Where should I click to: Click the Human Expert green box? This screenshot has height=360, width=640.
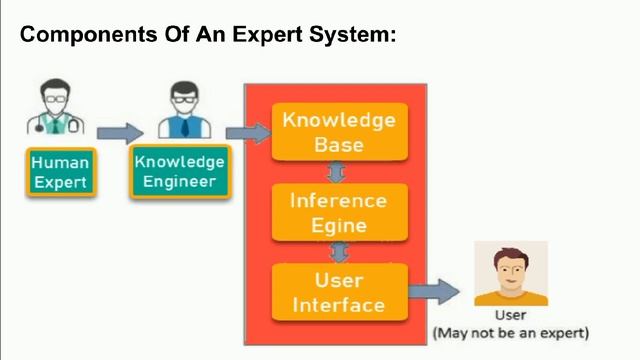click(x=61, y=172)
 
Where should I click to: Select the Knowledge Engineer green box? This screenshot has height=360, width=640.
click(x=179, y=171)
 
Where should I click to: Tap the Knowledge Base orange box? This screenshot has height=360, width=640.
click(x=339, y=132)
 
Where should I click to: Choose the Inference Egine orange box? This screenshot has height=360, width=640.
click(x=339, y=212)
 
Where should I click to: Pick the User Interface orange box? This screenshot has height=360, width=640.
click(x=339, y=292)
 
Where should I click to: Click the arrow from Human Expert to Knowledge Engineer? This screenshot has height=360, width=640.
click(x=120, y=132)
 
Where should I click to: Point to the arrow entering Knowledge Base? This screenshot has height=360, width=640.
click(x=249, y=132)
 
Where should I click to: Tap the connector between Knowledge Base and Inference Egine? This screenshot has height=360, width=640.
click(x=339, y=171)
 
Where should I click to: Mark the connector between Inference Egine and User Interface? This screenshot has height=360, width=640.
click(x=339, y=251)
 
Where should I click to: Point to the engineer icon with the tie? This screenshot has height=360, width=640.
click(x=180, y=110)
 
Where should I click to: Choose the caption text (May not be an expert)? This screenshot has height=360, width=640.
click(x=510, y=332)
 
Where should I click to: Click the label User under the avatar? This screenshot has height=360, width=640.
click(x=510, y=316)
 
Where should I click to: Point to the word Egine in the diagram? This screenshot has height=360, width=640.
click(x=339, y=224)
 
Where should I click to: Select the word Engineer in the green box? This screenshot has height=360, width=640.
click(x=179, y=182)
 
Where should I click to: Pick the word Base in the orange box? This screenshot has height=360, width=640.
click(x=339, y=144)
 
